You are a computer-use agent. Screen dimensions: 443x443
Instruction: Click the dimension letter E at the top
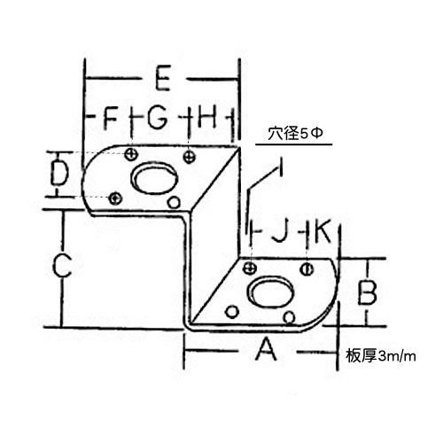click(163, 79)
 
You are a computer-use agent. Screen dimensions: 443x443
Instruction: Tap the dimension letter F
click(111, 119)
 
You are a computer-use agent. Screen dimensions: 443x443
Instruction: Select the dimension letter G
click(158, 118)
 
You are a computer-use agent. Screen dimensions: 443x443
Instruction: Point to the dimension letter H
click(208, 117)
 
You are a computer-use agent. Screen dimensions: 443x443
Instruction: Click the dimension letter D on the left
click(59, 173)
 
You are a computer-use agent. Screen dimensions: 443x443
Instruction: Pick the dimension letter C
click(62, 266)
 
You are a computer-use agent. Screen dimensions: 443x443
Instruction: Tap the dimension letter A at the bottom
click(267, 350)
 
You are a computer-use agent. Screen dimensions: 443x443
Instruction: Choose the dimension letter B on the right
click(367, 292)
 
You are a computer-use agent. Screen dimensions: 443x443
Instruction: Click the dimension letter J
click(279, 232)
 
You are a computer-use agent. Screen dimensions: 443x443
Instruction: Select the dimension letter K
click(322, 232)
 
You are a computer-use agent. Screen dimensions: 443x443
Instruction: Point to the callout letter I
click(281, 167)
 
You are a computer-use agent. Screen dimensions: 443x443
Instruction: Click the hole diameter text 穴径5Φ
click(295, 134)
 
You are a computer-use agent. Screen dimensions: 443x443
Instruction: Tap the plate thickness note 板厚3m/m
click(381, 356)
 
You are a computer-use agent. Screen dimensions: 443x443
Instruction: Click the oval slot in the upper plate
click(154, 178)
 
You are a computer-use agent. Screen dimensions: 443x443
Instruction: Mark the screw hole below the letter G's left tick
click(131, 154)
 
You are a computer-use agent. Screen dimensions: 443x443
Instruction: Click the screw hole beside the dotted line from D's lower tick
click(115, 198)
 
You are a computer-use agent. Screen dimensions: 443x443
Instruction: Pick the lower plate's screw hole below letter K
click(307, 269)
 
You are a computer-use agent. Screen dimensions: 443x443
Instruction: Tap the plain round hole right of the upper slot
click(174, 202)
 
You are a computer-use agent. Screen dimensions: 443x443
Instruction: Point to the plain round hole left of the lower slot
click(232, 312)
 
